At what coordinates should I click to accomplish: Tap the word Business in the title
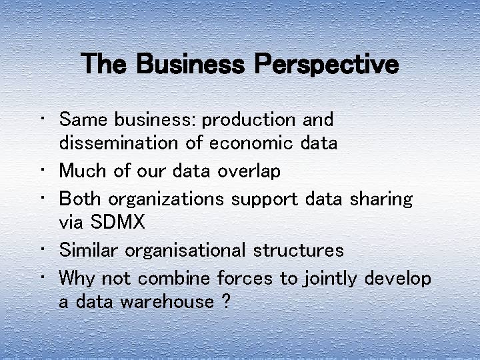tap(193, 65)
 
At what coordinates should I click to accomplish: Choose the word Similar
tap(89, 250)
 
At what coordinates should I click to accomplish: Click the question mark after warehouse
tap(225, 301)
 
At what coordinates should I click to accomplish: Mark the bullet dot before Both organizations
tap(43, 197)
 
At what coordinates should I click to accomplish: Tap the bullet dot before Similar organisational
tap(43, 249)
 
